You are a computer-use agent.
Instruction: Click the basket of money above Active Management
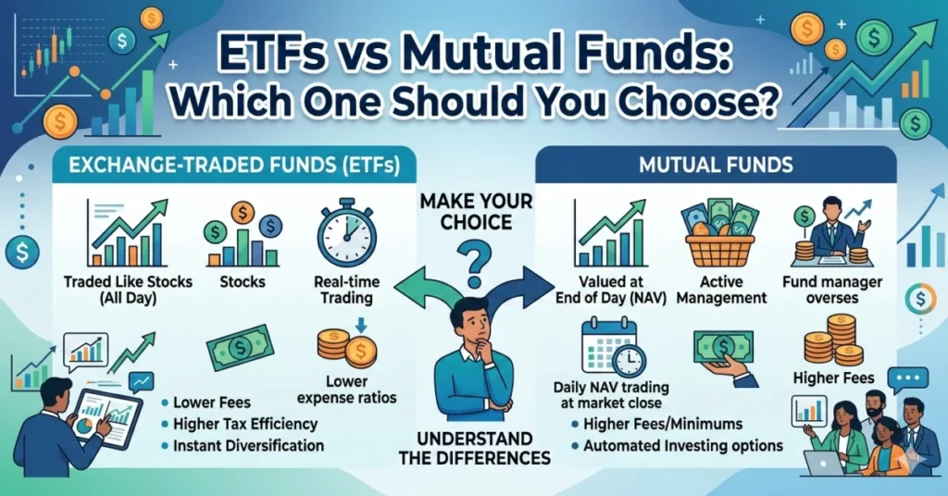point(720,239)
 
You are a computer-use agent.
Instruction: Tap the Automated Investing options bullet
point(683,445)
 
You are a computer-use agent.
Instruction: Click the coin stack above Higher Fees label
point(832,340)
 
